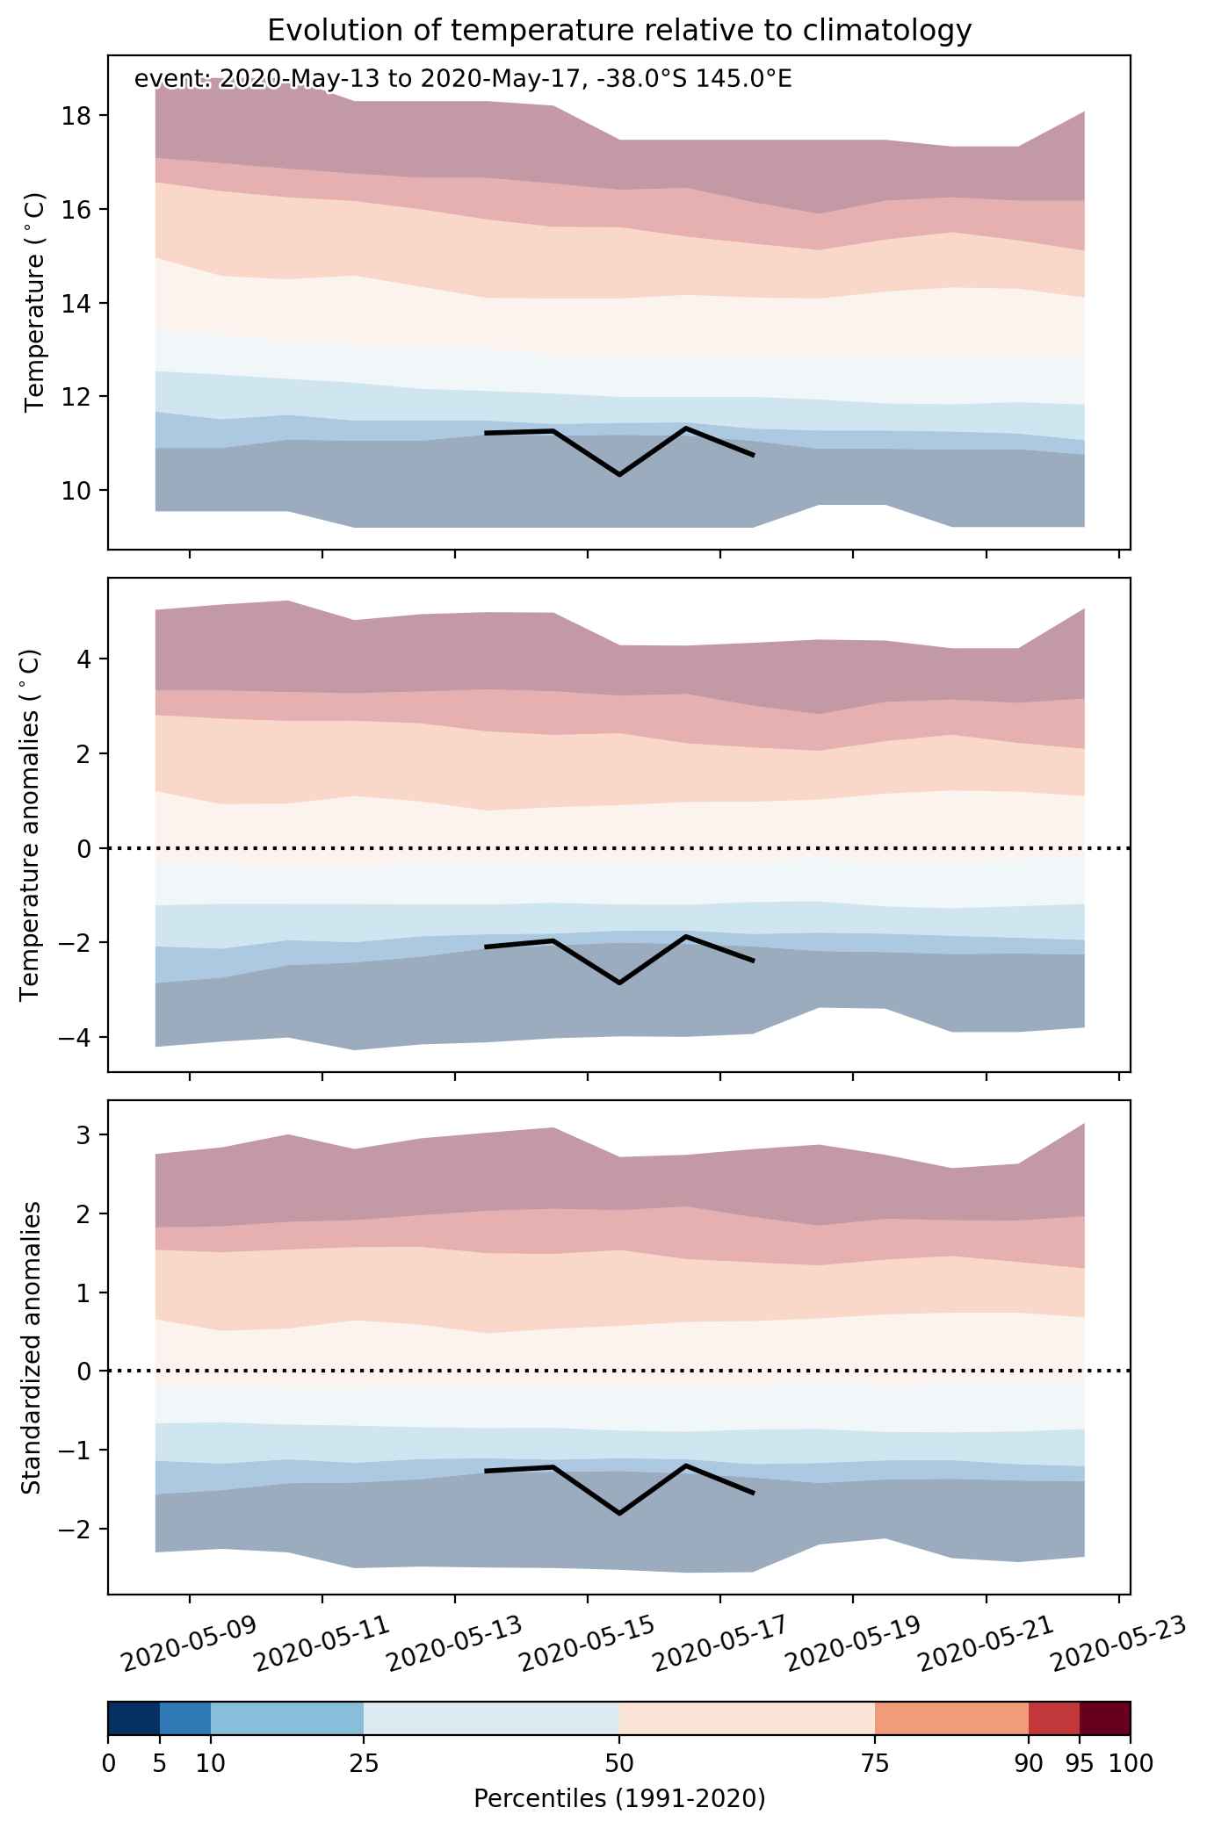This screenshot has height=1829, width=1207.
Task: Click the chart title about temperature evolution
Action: (619, 31)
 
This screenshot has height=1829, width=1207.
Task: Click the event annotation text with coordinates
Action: (463, 80)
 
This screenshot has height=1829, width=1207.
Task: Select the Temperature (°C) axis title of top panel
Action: (34, 302)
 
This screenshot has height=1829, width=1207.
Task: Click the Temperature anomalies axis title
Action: (30, 824)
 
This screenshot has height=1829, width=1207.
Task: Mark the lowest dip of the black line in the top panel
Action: (619, 474)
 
